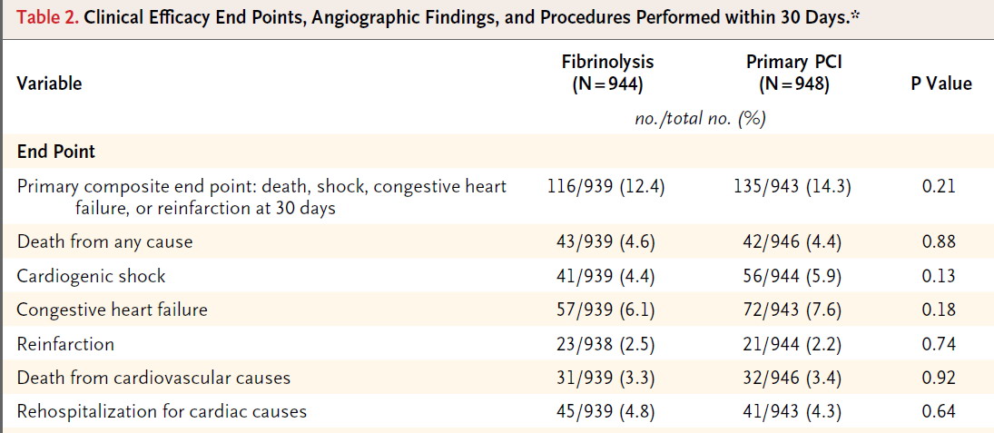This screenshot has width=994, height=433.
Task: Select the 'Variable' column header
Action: pos(49,83)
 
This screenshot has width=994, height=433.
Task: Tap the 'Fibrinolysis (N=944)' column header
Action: pos(608,73)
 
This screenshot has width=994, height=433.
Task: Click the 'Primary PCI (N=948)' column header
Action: pos(794,73)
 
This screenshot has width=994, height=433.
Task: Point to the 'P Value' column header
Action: pos(940,83)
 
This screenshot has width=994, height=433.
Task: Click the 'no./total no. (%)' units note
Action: pos(701,119)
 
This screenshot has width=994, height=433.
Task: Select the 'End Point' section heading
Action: pos(56,152)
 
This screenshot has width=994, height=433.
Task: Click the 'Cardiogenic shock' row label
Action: pos(91,276)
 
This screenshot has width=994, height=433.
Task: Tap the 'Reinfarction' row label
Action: pos(65,344)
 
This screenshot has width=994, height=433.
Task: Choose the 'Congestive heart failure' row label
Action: pos(113,310)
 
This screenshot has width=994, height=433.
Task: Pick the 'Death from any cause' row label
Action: pos(104,242)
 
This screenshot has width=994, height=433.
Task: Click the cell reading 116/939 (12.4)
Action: pos(605,187)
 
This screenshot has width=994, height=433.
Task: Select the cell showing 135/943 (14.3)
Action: pos(794,187)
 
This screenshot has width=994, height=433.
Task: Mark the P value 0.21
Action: pos(940,187)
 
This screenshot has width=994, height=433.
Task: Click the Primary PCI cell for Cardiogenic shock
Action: pos(794,276)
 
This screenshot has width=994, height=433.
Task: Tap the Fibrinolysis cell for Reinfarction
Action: pos(605,344)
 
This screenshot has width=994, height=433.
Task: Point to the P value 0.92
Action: pos(940,378)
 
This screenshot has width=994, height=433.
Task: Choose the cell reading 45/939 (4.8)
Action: pos(605,412)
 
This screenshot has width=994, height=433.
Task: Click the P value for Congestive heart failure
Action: pos(940,310)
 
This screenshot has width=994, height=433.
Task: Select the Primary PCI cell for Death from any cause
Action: pos(794,242)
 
